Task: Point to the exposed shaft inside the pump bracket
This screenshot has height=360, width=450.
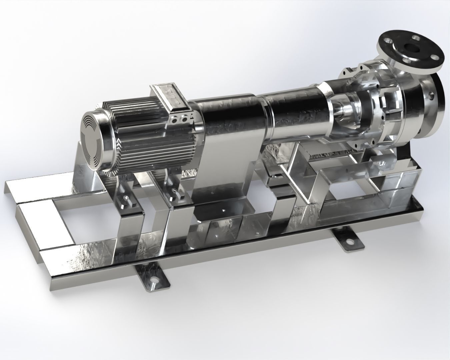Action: coord(342,112)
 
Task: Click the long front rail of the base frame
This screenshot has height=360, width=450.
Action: coord(233,260)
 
